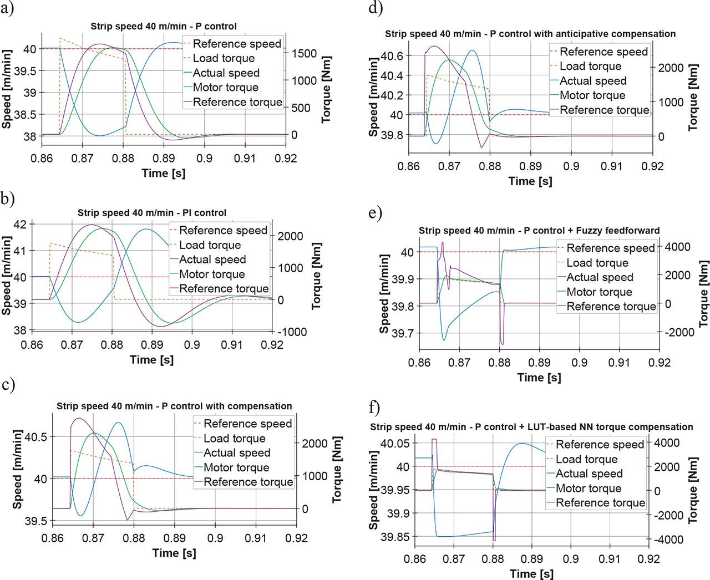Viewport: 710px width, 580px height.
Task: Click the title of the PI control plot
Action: coord(151,213)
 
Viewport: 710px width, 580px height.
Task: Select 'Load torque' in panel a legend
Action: coord(224,58)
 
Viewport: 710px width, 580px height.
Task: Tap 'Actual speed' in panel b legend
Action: coord(212,260)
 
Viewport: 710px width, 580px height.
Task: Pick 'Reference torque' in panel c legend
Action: coord(248,482)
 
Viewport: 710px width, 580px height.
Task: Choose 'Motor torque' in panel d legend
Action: coord(592,95)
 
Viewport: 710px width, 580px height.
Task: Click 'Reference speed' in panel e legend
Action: coord(610,248)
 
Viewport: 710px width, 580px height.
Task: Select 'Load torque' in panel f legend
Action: coord(586,459)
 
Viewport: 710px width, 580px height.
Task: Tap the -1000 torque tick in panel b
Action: coord(291,332)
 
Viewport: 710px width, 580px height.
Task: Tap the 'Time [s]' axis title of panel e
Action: coord(539,378)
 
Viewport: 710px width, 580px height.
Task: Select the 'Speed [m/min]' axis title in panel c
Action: coord(17,469)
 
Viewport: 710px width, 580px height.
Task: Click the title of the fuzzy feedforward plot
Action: coord(539,231)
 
